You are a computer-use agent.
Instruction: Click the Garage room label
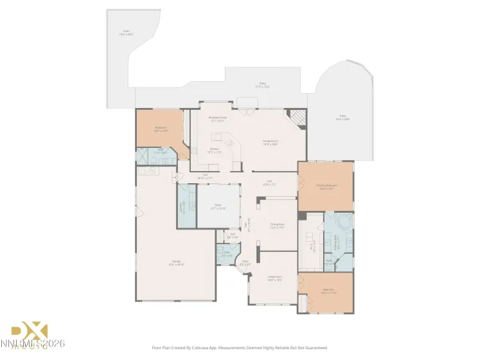(x=175, y=262)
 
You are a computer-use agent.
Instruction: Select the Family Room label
(x=270, y=142)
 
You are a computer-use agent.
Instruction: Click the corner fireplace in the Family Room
(x=296, y=118)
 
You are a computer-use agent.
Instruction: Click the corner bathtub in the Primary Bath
(x=344, y=223)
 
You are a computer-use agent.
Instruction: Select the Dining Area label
(x=277, y=226)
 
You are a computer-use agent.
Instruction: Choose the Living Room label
(x=274, y=278)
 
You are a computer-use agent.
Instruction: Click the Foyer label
(x=245, y=262)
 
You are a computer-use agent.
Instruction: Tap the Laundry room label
(x=182, y=207)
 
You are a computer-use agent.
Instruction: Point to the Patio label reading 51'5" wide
(x=262, y=84)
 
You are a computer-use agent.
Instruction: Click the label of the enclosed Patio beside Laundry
(x=218, y=207)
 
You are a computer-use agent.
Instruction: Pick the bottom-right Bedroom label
(x=328, y=291)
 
